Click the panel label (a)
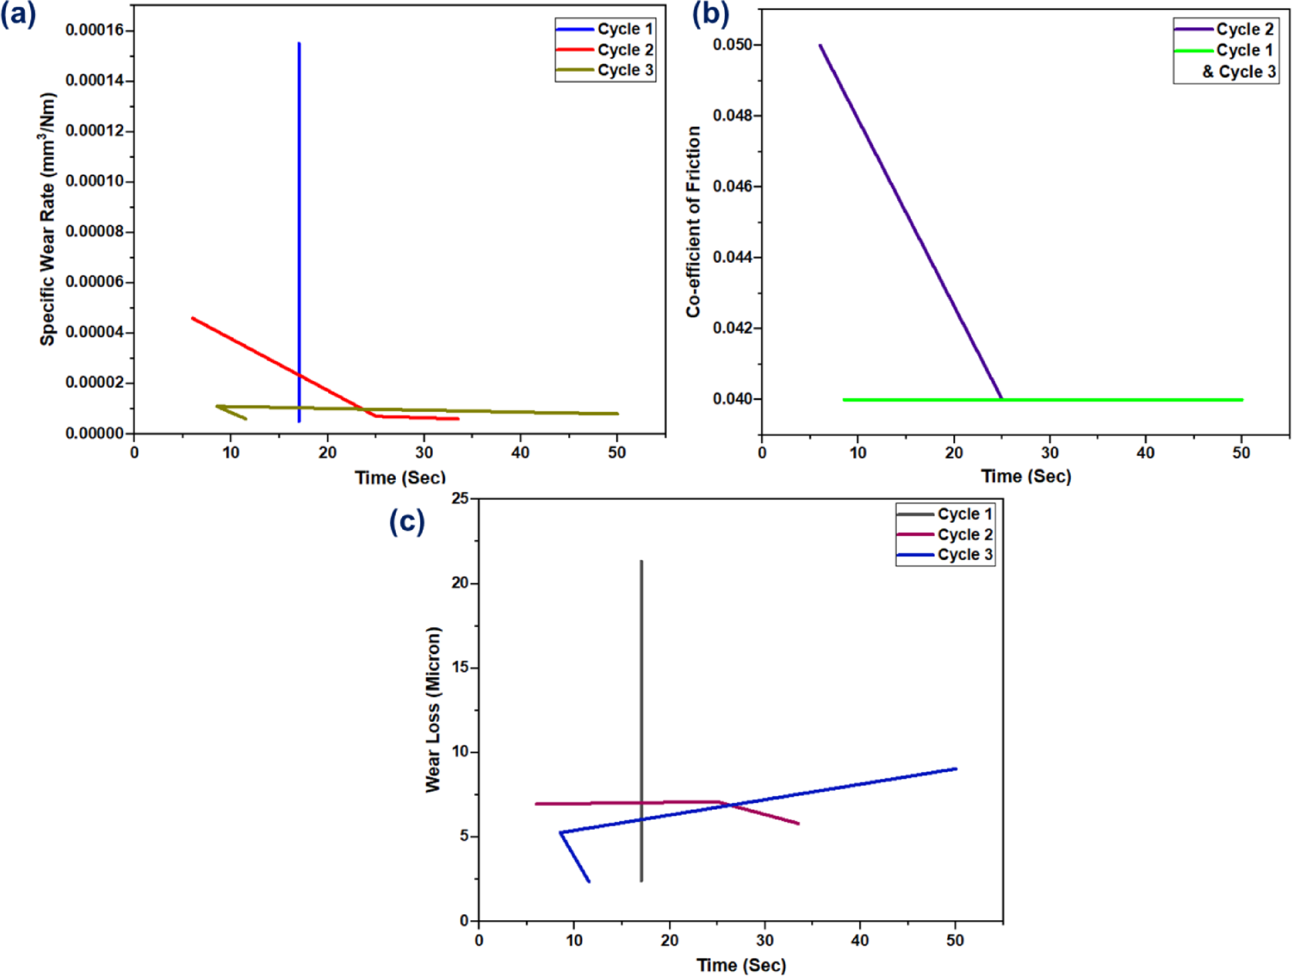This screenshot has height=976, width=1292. click(x=18, y=14)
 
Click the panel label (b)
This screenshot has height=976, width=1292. click(x=710, y=14)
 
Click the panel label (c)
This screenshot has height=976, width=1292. click(x=407, y=521)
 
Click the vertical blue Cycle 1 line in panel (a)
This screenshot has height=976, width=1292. click(x=299, y=202)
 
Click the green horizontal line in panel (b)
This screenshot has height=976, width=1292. click(x=1109, y=400)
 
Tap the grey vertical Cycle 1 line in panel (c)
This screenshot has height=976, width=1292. click(x=641, y=672)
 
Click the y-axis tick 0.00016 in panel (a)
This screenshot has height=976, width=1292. click(x=94, y=30)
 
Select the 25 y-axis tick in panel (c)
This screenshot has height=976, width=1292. click(x=460, y=498)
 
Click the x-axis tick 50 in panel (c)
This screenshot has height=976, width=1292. click(x=955, y=940)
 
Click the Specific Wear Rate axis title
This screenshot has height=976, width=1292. click(x=47, y=219)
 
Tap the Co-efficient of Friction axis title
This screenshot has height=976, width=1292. click(x=693, y=222)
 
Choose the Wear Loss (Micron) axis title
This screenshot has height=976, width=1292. click(x=433, y=709)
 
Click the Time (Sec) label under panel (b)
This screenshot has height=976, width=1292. click(x=1026, y=477)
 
